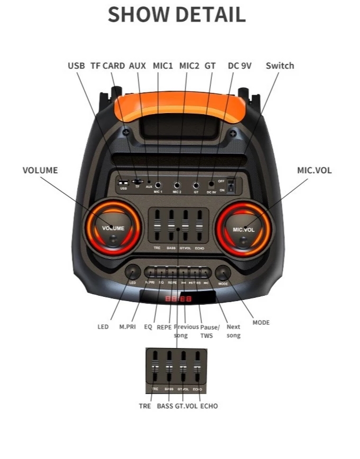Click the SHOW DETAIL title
[177, 15]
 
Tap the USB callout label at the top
[76, 66]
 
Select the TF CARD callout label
[107, 66]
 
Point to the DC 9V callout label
[239, 66]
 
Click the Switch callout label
[280, 66]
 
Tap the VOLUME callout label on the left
[40, 170]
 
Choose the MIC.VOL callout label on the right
[314, 170]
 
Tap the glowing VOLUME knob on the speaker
[114, 230]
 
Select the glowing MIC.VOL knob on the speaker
[244, 231]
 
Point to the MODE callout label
[261, 322]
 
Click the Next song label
[233, 331]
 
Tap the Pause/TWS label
[209, 331]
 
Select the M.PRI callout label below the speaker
[127, 327]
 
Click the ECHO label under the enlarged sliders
[209, 406]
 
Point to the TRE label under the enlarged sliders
[145, 406]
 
